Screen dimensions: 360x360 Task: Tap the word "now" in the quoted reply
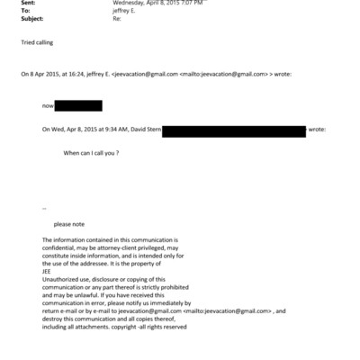click(48, 107)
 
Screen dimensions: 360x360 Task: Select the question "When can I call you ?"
click(91, 154)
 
